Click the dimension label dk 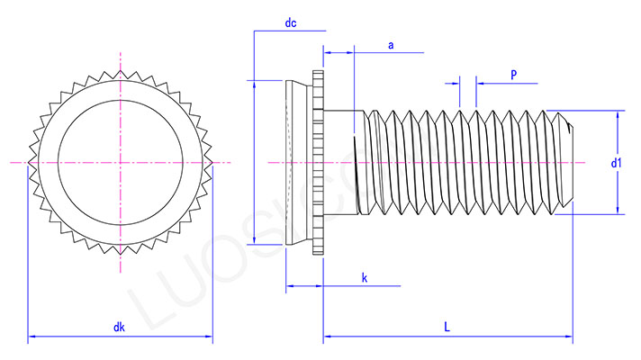[119, 328]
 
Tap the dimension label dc [291, 24]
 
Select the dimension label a [390, 44]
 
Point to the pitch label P [513, 75]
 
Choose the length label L [447, 328]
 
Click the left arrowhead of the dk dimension [32, 338]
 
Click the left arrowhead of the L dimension [328, 338]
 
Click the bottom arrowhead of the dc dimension [255, 239]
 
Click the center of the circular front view [120, 163]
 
